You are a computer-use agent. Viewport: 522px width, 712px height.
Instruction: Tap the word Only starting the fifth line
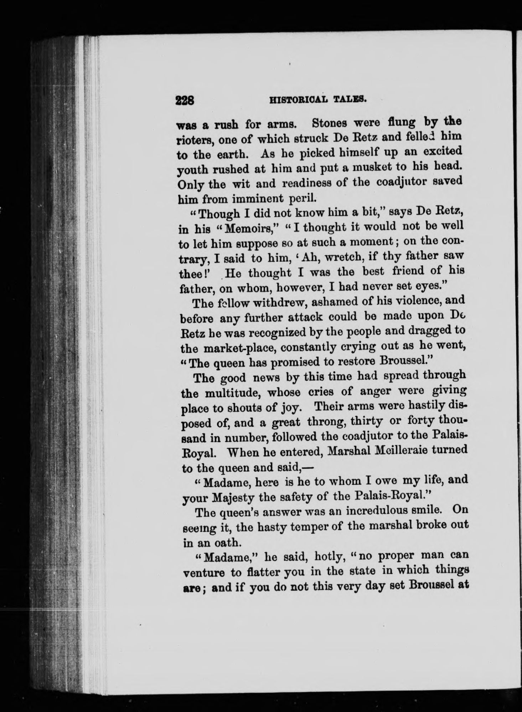tap(191, 185)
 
